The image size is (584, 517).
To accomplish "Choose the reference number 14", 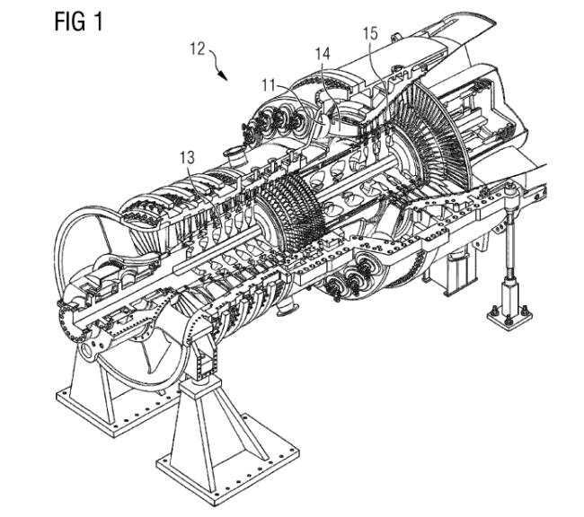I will click(323, 53).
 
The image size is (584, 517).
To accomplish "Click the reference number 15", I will click(371, 33).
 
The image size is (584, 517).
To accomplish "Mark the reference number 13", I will click(187, 158).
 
